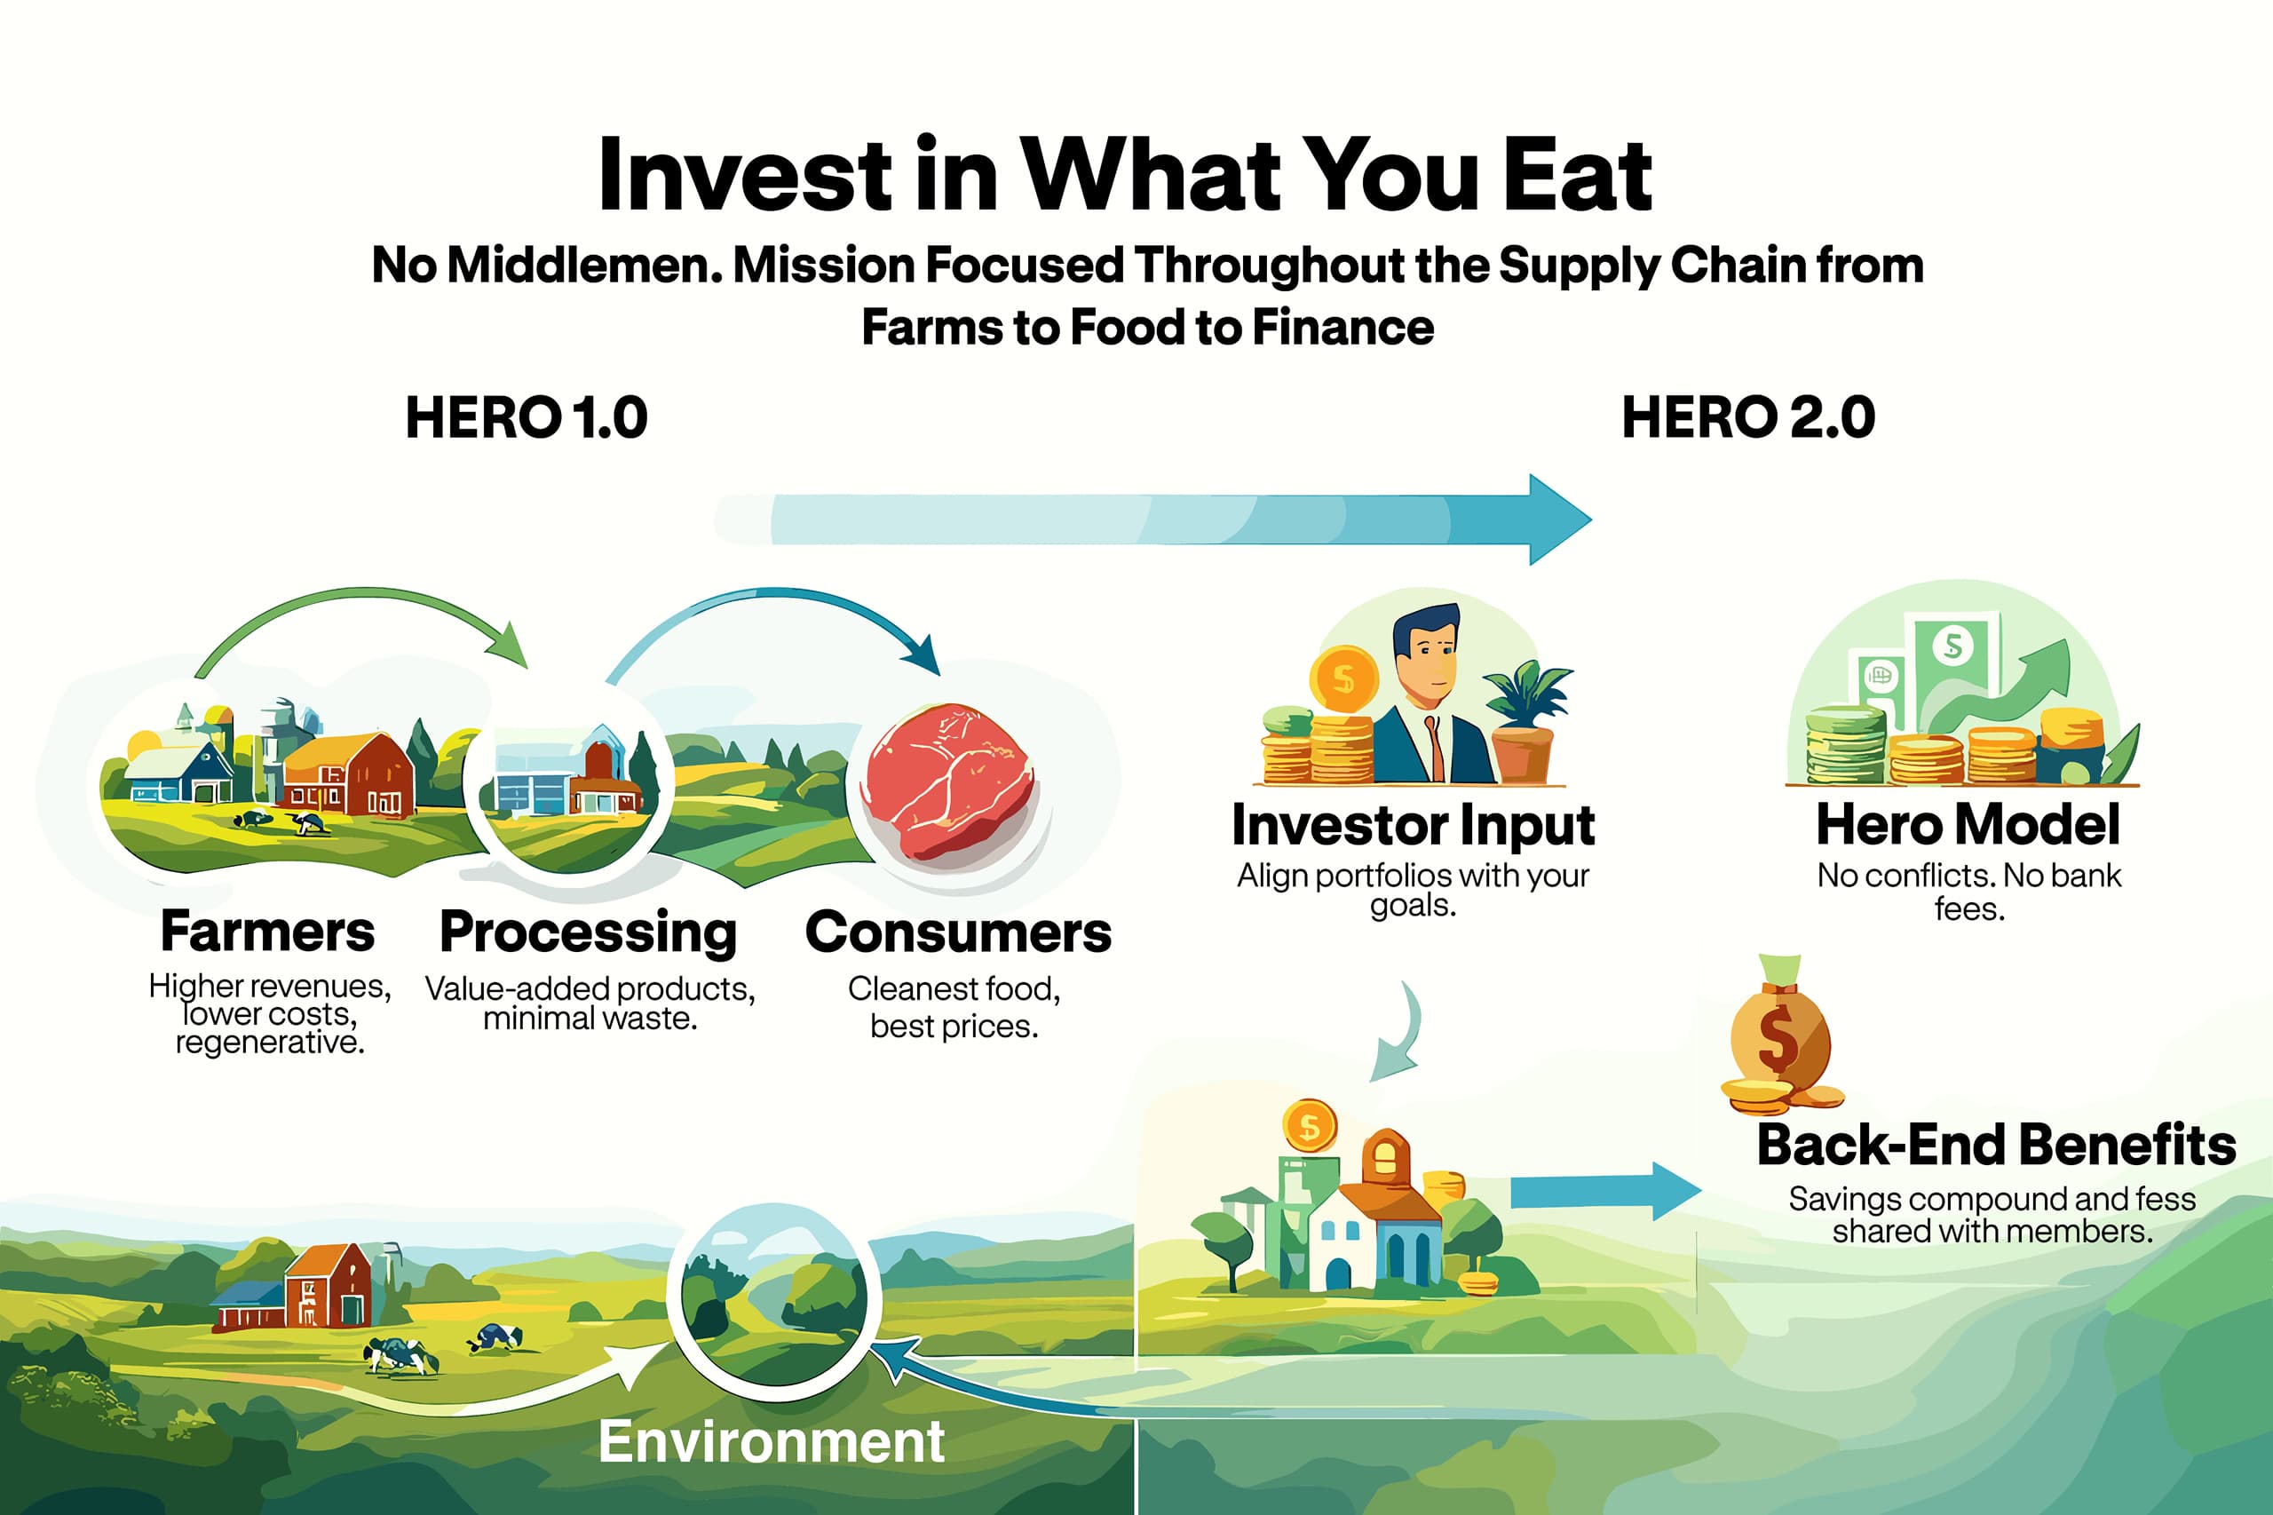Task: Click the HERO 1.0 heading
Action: point(527,417)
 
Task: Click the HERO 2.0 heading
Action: point(1748,417)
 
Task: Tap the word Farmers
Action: point(267,932)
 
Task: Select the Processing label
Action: point(589,933)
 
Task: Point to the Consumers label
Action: point(958,932)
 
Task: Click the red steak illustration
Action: point(948,781)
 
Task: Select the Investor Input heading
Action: point(1414,826)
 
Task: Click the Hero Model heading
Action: point(1968,825)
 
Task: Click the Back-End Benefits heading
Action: point(1996,1145)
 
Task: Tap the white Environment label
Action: point(771,1442)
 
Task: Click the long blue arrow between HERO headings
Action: point(1152,520)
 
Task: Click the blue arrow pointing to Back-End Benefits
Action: point(1605,1192)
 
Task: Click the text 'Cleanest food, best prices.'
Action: point(954,1007)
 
